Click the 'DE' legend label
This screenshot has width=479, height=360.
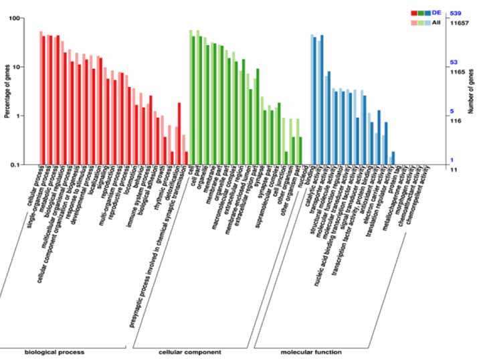pyautogui.click(x=436, y=13)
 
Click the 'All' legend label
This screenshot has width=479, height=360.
pyautogui.click(x=436, y=22)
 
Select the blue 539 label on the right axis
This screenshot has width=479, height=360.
pyautogui.click(x=457, y=13)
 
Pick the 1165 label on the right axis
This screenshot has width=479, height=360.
pyautogui.click(x=458, y=71)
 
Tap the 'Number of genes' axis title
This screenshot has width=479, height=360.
pyautogui.click(x=471, y=91)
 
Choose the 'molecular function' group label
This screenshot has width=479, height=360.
pyautogui.click(x=310, y=351)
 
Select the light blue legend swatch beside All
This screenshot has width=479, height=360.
pyautogui.click(x=429, y=23)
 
